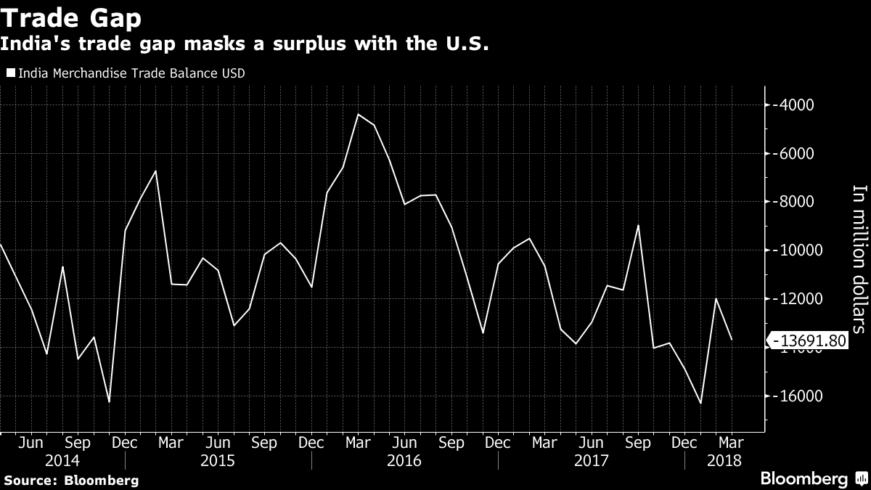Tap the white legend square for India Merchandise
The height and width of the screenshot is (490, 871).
coord(10,73)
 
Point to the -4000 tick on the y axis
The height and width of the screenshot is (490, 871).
coord(792,105)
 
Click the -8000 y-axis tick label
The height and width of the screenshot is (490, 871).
coord(792,202)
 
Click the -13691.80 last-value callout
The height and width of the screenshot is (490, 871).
coord(809,340)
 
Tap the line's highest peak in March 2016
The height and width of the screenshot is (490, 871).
coord(359,114)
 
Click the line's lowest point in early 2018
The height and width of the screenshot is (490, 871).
coord(700,403)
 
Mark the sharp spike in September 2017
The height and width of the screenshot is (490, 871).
coord(638,226)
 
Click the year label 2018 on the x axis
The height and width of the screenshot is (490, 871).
coord(725,460)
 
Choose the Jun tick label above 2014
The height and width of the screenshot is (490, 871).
coord(31,442)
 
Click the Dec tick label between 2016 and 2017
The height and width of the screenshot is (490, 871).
coord(498,442)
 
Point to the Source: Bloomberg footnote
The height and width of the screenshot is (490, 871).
coord(70,480)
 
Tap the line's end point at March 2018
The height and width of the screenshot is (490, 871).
coord(732,340)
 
